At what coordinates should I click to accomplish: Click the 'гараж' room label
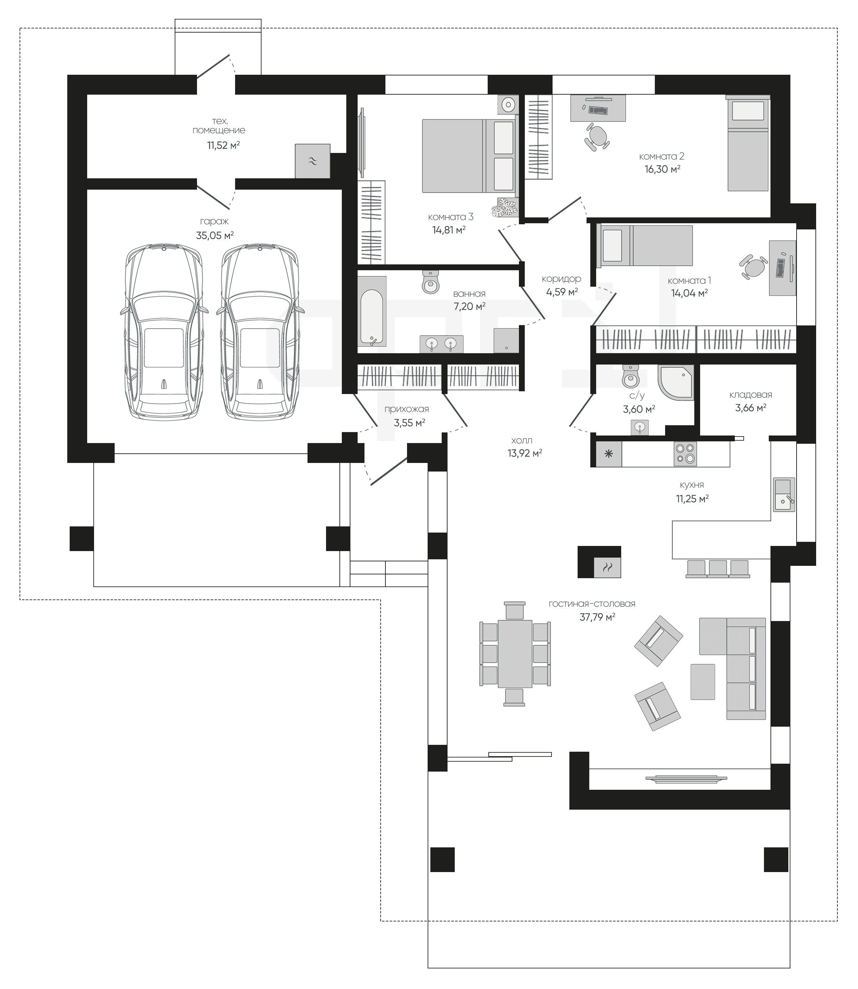click(214, 222)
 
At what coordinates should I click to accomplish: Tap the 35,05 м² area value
click(214, 235)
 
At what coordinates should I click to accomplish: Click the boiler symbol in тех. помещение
click(312, 161)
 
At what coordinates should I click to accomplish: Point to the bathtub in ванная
click(372, 311)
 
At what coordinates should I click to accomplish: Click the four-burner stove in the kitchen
click(685, 454)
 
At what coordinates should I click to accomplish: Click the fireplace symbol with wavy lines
click(607, 568)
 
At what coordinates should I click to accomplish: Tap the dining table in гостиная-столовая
click(515, 654)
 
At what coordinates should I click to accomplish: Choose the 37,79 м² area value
click(597, 617)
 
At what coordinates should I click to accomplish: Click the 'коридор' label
click(561, 278)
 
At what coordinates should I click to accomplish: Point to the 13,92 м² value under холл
click(525, 453)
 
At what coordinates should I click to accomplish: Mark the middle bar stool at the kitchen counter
click(718, 569)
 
